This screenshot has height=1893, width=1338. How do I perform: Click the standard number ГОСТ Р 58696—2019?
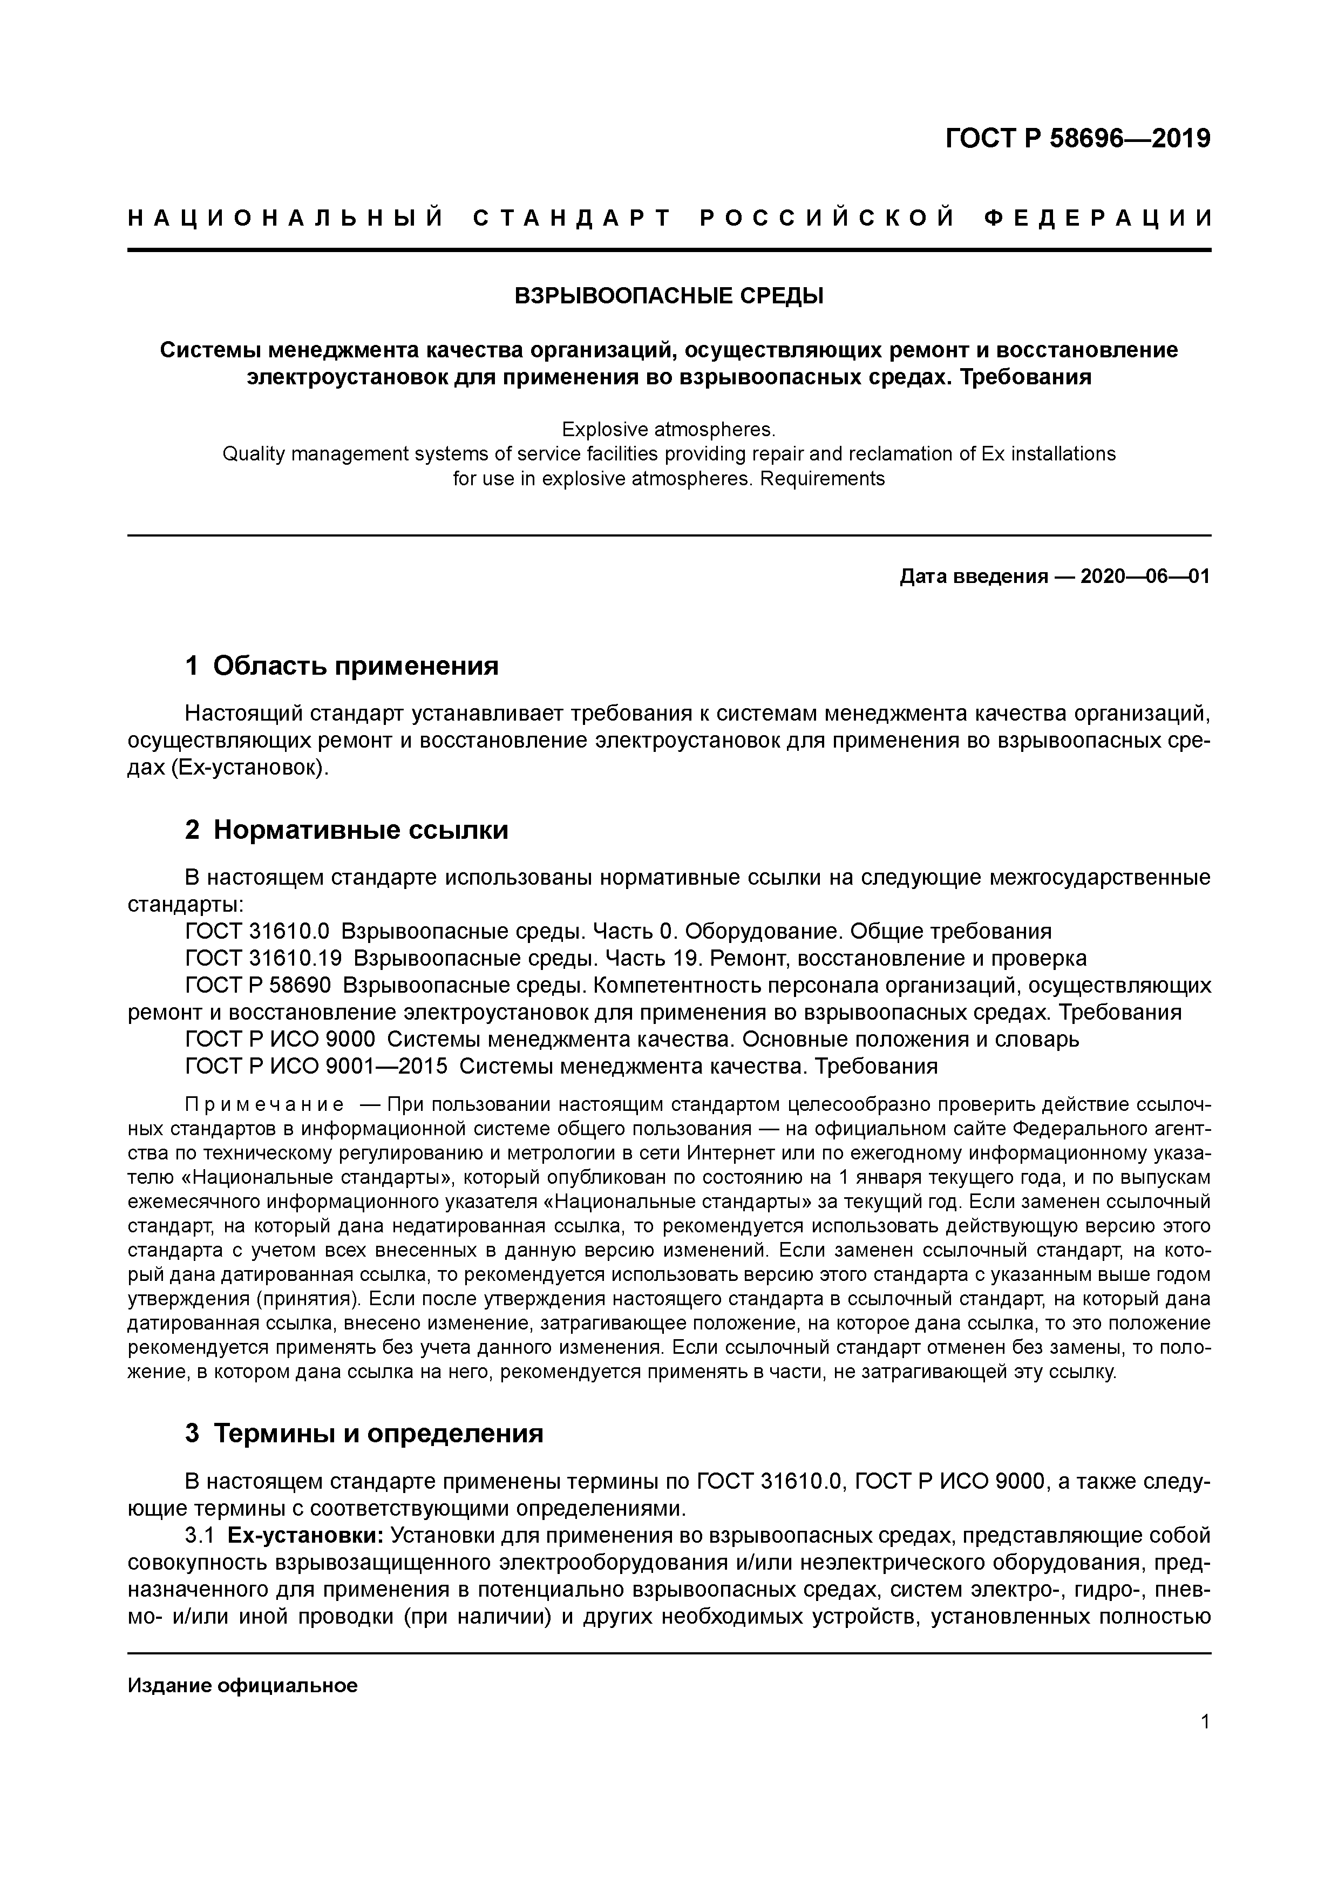(1077, 139)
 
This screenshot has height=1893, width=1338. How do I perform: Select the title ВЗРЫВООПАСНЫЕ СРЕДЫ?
(669, 296)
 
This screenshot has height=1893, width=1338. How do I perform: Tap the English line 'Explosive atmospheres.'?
(669, 430)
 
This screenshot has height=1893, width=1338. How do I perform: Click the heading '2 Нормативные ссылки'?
(347, 830)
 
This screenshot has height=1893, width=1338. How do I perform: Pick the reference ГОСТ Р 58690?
(258, 985)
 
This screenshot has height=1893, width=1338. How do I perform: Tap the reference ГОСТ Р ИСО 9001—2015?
(317, 1066)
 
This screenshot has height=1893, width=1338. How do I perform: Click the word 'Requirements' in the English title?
(822, 478)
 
